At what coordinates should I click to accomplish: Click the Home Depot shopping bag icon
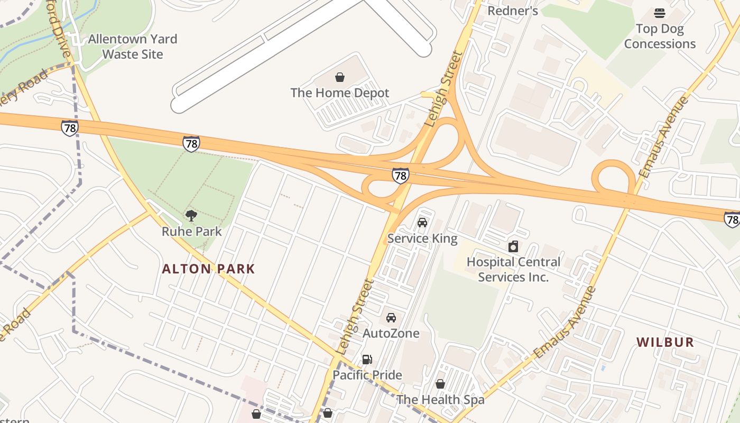(340, 77)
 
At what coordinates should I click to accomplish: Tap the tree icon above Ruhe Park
(191, 215)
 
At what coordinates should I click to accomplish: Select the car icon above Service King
(422, 223)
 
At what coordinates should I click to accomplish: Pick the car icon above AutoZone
(391, 318)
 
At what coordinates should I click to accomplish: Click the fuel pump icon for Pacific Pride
(367, 360)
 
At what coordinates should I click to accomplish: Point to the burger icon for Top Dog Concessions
(660, 13)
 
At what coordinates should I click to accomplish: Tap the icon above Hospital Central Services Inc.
(513, 246)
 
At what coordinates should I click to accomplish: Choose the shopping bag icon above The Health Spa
(440, 384)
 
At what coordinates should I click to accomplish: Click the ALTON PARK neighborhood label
(208, 269)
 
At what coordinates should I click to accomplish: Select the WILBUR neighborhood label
(665, 342)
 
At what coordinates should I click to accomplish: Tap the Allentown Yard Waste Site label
(133, 47)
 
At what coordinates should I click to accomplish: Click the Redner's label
(512, 11)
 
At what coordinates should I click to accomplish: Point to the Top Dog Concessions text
(660, 36)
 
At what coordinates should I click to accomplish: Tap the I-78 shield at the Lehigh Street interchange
(400, 175)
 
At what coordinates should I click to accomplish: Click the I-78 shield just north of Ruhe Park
(191, 143)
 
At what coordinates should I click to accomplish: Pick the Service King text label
(422, 238)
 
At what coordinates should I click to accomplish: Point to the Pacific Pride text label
(367, 375)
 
